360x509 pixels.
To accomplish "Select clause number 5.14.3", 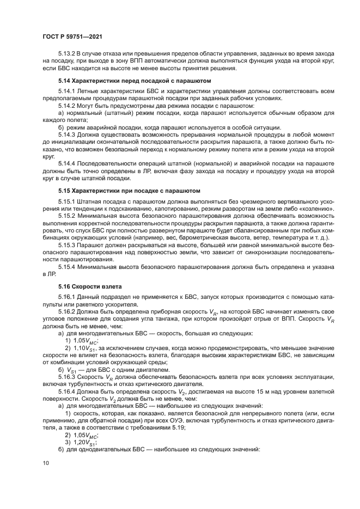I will click(x=66, y=134).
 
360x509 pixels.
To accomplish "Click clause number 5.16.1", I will click(x=66, y=297).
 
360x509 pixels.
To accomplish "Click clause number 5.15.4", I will click(x=66, y=267).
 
